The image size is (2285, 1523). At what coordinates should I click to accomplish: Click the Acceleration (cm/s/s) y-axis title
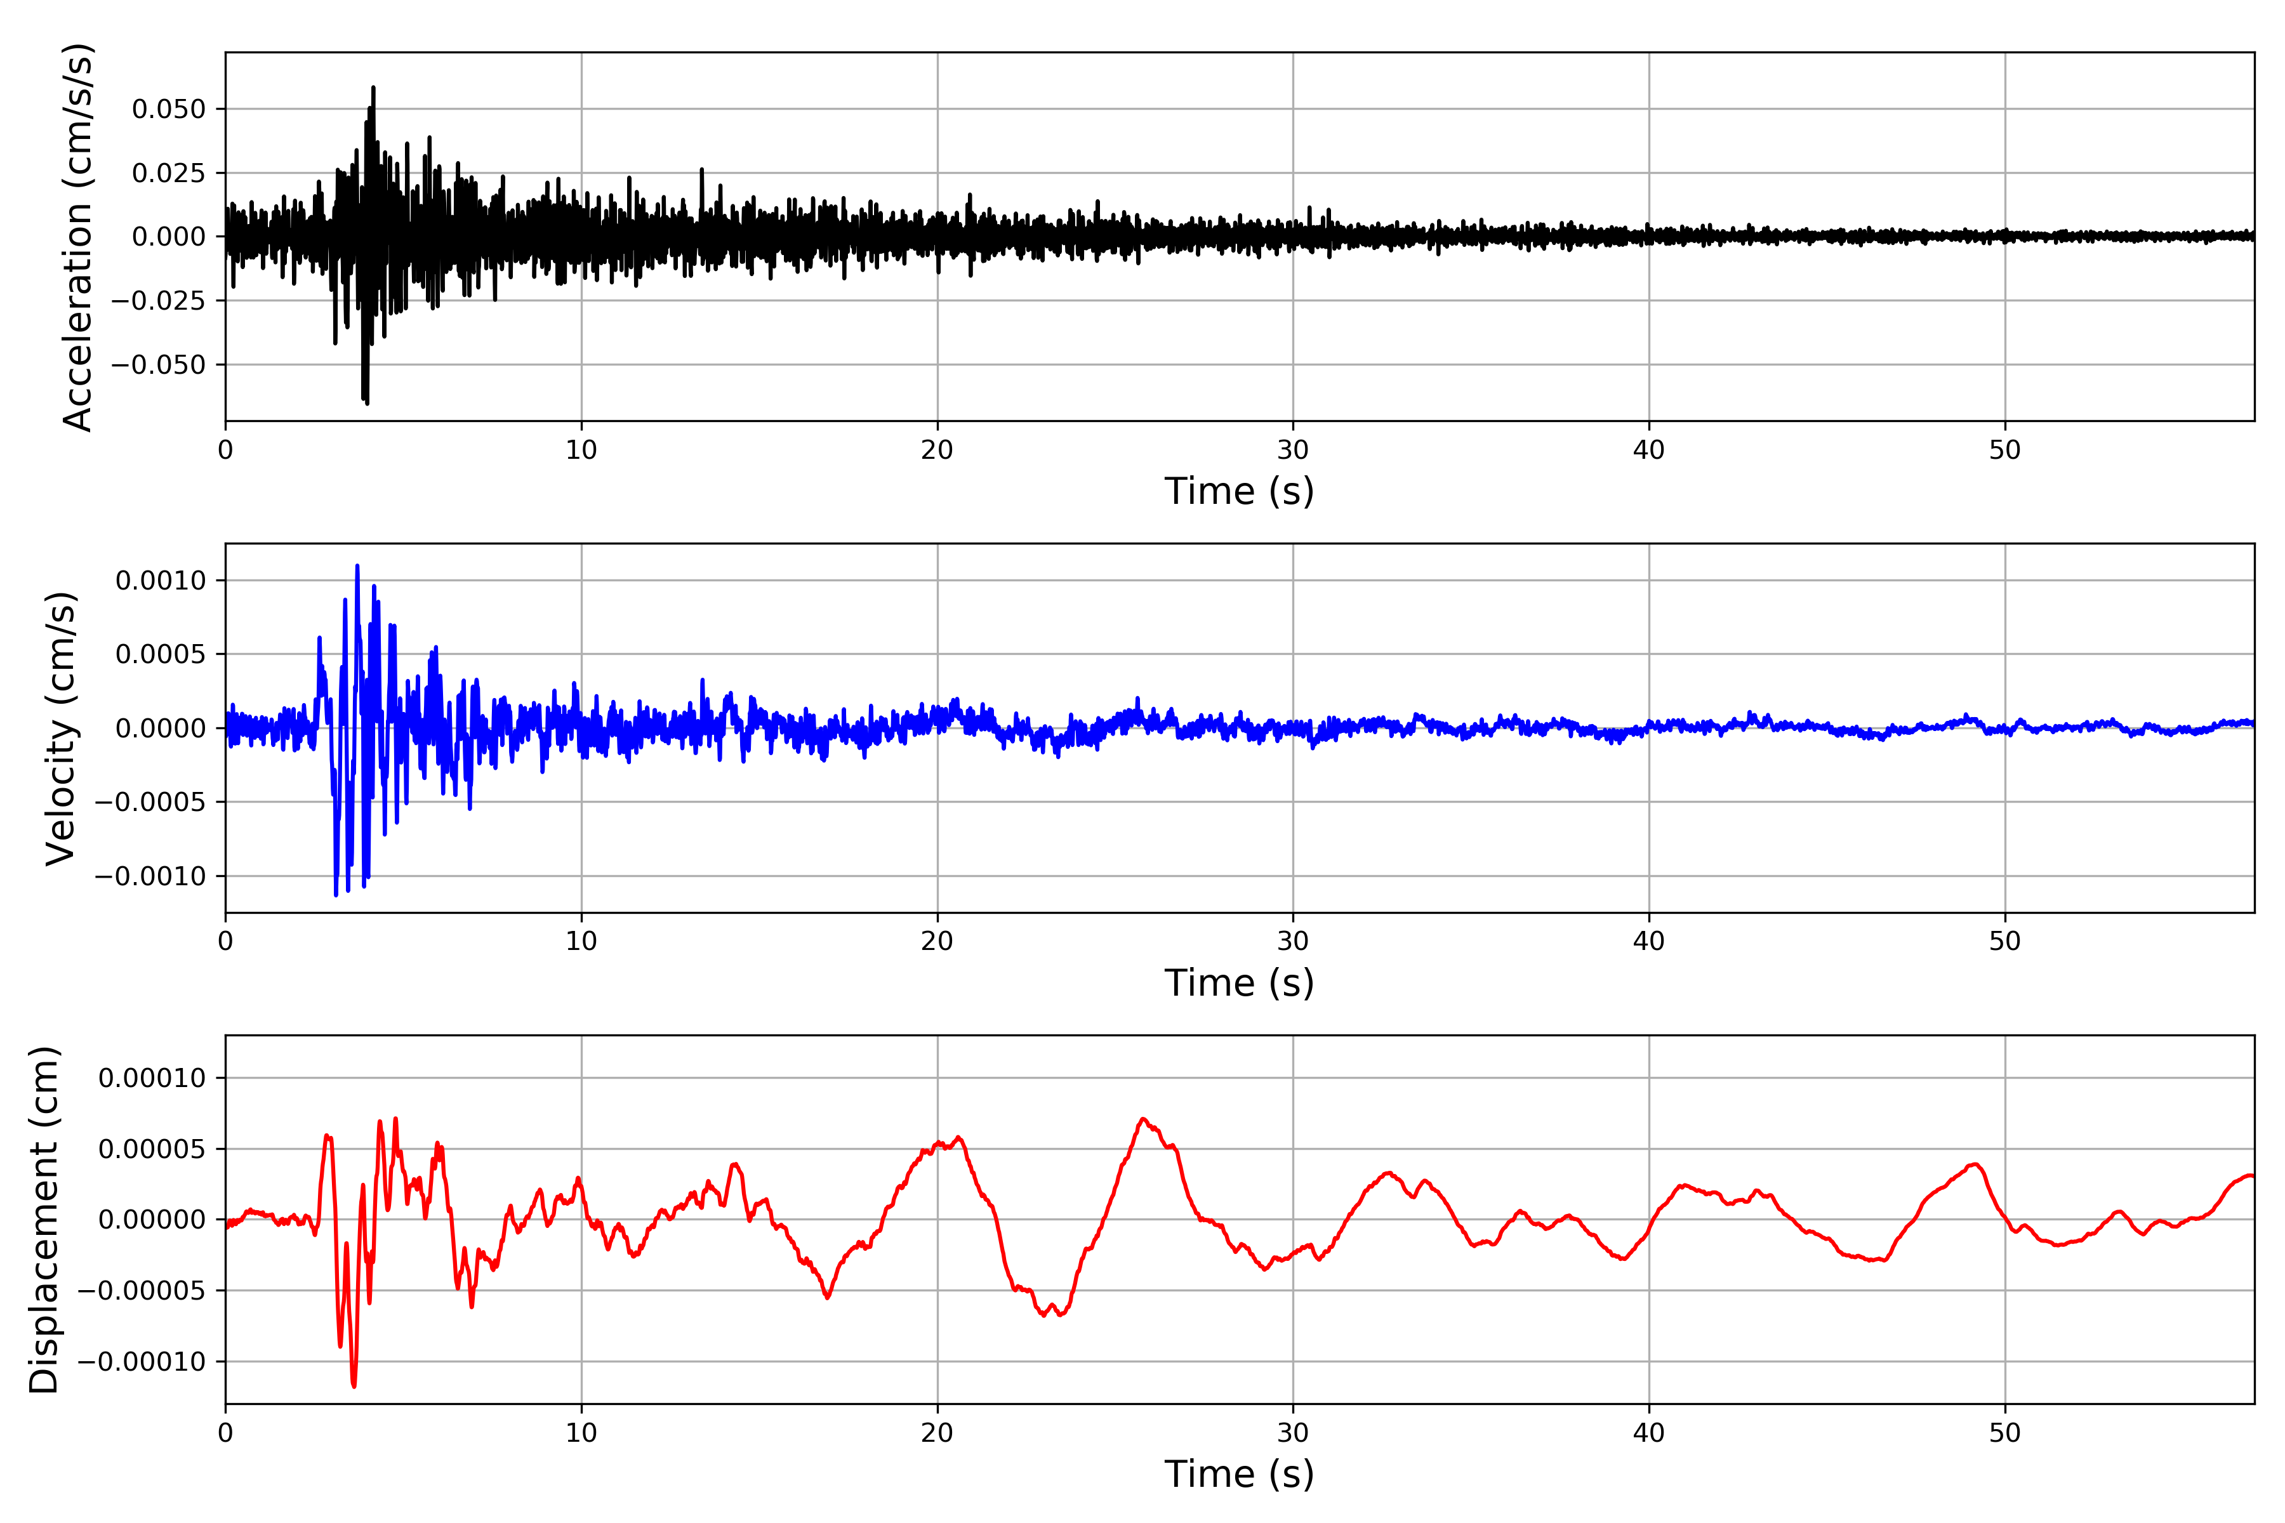(x=77, y=236)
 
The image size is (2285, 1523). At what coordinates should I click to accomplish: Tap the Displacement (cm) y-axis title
(x=44, y=1219)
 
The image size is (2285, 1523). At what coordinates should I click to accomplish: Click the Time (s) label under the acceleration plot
(x=1239, y=491)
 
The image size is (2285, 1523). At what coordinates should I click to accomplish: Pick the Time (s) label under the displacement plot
(x=1239, y=1474)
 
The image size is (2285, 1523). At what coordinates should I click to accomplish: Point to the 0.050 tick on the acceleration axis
(x=169, y=109)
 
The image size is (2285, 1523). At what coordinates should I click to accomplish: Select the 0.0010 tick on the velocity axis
(x=161, y=581)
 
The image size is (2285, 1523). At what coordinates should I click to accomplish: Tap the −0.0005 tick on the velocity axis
(x=150, y=802)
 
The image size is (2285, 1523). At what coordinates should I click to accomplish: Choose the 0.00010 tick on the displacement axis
(x=152, y=1078)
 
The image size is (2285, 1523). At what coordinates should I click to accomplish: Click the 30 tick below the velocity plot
(x=1292, y=941)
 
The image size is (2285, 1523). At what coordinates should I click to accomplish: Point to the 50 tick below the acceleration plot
(x=2004, y=450)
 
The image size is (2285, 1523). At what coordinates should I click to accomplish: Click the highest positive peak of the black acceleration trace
(x=373, y=88)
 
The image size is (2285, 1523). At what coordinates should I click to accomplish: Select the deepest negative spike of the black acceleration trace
(x=366, y=402)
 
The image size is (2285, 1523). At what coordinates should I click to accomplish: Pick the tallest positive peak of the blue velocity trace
(x=357, y=565)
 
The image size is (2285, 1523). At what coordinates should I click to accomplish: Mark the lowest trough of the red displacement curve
(x=354, y=1386)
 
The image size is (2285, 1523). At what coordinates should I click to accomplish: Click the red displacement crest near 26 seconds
(x=1144, y=1119)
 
